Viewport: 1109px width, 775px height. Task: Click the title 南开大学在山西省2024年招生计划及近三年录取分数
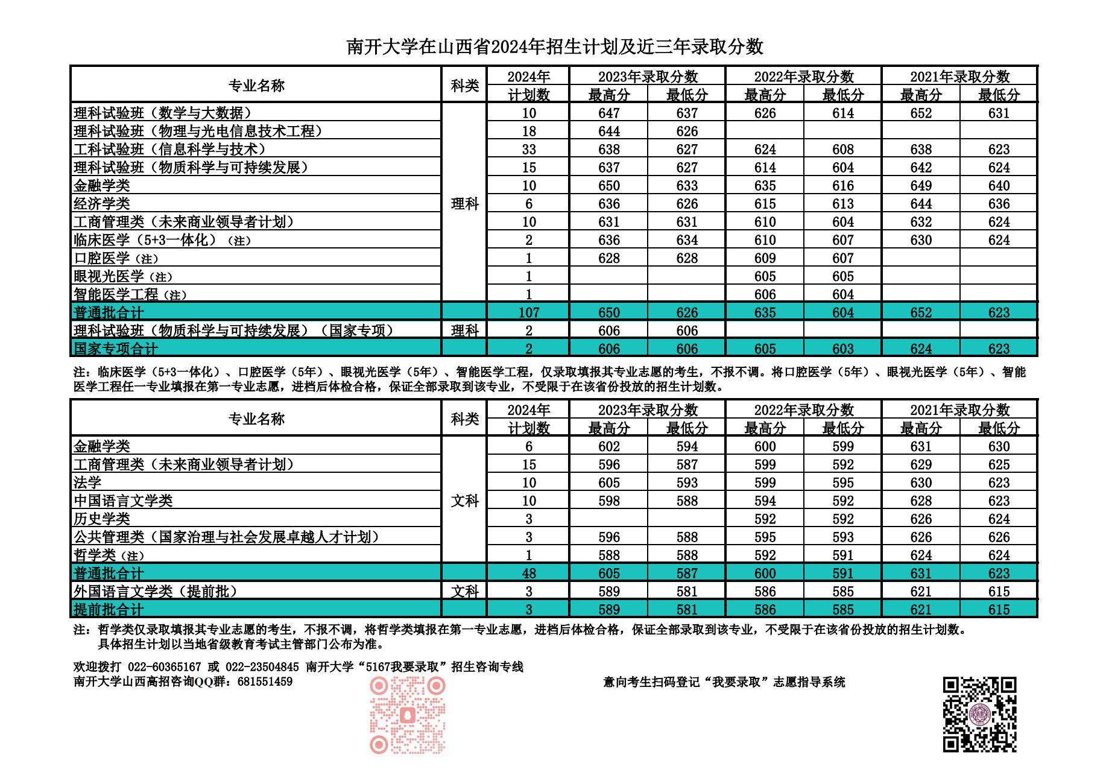[555, 46]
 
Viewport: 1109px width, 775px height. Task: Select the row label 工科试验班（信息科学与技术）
[169, 150]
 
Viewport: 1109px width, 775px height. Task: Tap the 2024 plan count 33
[529, 150]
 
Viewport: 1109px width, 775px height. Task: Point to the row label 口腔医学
[102, 258]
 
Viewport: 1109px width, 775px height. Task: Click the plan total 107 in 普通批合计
[529, 312]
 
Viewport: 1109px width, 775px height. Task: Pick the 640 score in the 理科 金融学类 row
[999, 186]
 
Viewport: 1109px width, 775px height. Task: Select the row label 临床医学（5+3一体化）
[145, 240]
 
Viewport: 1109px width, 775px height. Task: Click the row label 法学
[87, 482]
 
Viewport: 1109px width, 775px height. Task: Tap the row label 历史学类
[102, 519]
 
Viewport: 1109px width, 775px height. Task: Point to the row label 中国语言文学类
[123, 501]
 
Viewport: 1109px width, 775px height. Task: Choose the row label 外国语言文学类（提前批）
[156, 591]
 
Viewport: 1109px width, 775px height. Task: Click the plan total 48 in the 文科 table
[529, 573]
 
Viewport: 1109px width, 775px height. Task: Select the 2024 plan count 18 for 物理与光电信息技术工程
[529, 131]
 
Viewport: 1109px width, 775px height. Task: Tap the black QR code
[979, 715]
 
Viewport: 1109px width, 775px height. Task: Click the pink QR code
[408, 715]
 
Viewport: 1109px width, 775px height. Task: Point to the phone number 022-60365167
[164, 667]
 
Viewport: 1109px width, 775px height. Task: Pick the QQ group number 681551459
[265, 682]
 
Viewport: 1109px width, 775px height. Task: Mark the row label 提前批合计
[109, 609]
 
